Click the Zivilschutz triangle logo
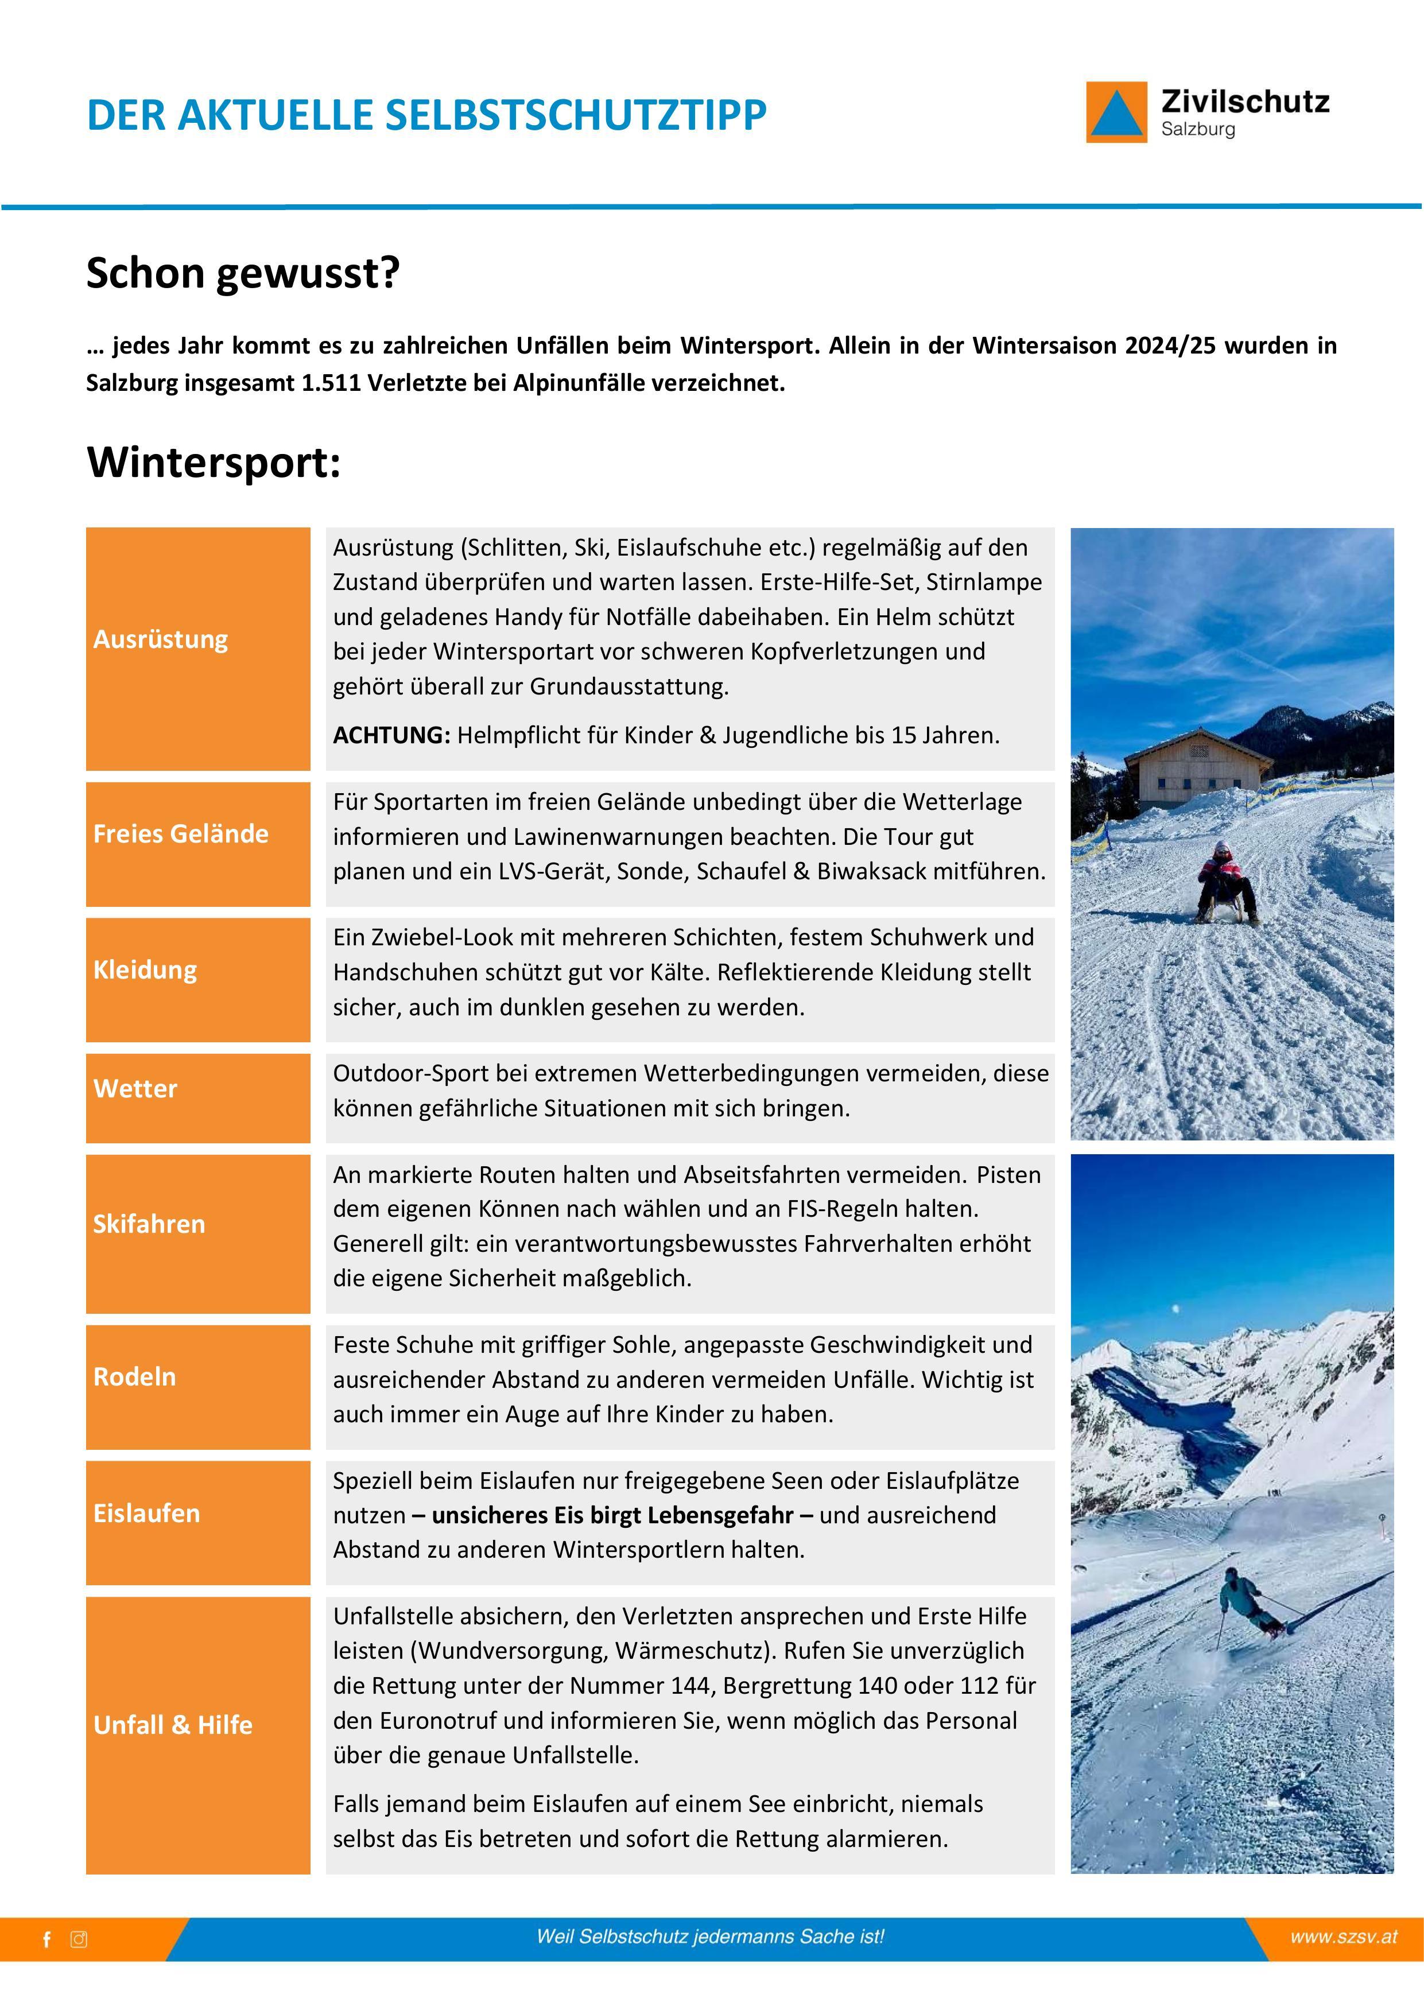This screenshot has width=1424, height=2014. [1116, 112]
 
